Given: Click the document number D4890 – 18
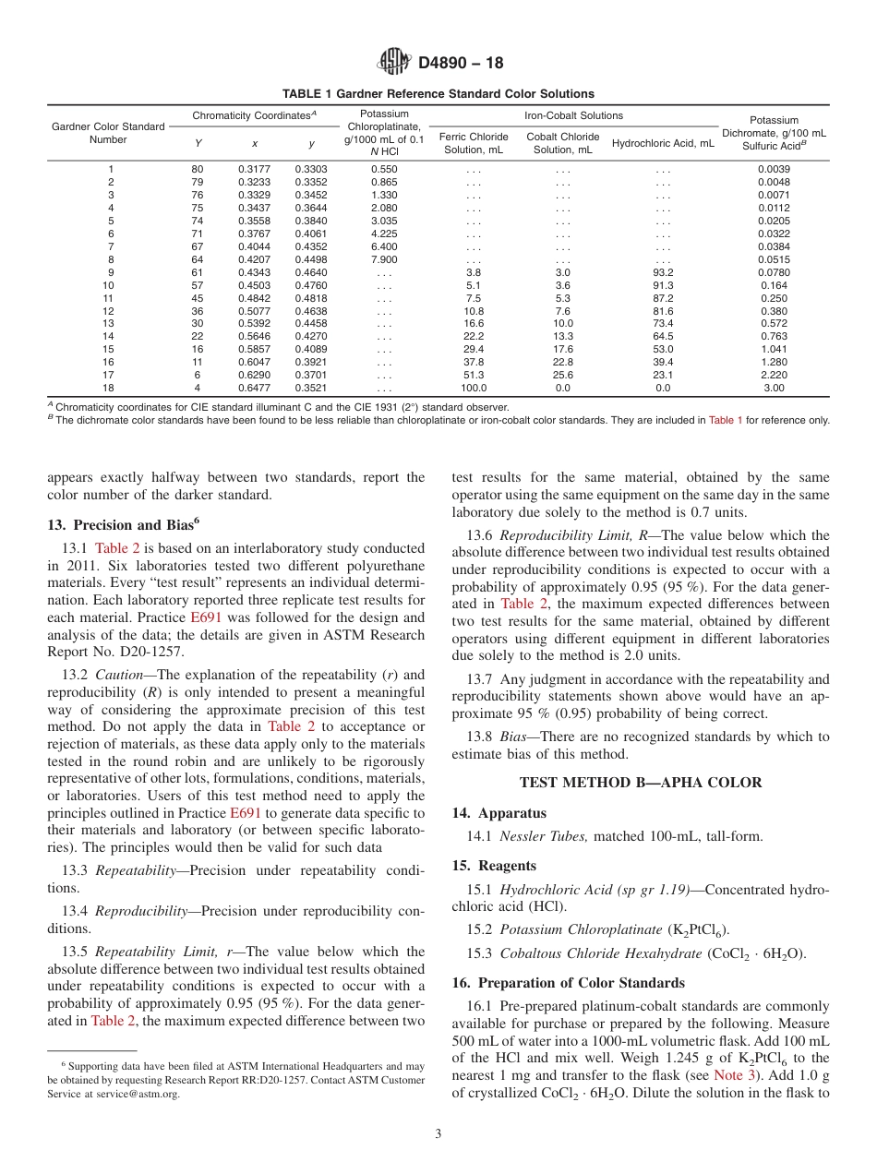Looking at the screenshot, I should click(x=461, y=64).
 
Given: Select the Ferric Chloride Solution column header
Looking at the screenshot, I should click(x=474, y=143).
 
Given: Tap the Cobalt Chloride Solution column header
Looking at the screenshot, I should click(x=562, y=143).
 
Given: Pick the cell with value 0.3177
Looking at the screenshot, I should click(x=254, y=170).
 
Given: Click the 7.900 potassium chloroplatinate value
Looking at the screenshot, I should click(x=384, y=259).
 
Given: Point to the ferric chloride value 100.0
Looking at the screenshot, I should click(x=474, y=389).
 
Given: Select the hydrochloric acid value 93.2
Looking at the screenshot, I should click(x=662, y=272).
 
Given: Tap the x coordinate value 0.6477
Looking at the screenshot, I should click(x=254, y=389).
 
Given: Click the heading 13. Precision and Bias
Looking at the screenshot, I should click(x=122, y=524).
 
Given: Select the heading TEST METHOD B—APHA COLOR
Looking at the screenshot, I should click(x=641, y=783).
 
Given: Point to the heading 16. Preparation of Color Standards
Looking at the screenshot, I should click(x=569, y=982).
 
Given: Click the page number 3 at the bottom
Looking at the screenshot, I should click(x=438, y=1133).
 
